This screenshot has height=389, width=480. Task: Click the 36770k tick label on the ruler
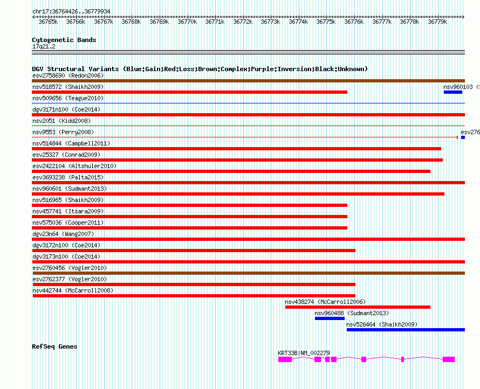[187, 22]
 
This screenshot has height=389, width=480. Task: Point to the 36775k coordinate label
[326, 22]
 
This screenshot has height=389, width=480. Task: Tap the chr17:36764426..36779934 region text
[71, 11]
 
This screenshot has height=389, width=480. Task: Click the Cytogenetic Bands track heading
[64, 40]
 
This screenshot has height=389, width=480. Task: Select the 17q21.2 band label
[44, 46]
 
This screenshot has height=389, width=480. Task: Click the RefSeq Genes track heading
[54, 346]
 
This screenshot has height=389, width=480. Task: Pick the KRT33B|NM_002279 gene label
[304, 353]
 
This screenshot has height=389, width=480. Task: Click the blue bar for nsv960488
[330, 318]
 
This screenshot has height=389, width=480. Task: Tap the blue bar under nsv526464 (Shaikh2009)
[405, 330]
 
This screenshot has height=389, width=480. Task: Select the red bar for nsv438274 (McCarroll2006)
[358, 307]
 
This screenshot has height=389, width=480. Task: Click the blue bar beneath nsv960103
[452, 92]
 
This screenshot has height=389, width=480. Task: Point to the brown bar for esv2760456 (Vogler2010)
[248, 273]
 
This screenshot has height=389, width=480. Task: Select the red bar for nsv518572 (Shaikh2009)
[189, 92]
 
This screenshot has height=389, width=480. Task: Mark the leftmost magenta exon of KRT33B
[285, 359]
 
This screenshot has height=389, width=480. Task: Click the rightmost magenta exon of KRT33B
[449, 359]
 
